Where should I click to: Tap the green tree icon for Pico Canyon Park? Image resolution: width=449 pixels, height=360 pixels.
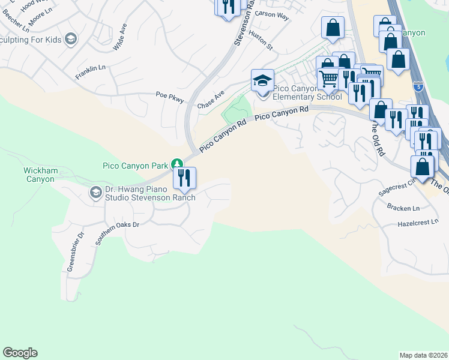[x=176, y=164]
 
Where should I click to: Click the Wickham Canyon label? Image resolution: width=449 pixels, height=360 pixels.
[x=41, y=175]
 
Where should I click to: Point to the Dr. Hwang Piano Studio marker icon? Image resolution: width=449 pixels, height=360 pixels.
[x=95, y=193]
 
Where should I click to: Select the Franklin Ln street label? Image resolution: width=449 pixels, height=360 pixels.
[x=90, y=73]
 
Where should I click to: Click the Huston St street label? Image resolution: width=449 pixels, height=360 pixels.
[x=261, y=41]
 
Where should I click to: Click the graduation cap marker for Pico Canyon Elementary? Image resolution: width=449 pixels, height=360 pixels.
[x=262, y=80]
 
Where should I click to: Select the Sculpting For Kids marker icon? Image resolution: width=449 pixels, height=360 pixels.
[x=71, y=40]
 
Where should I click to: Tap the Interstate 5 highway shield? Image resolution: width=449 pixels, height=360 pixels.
[x=420, y=87]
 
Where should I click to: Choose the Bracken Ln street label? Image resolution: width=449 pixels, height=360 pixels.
[x=403, y=208]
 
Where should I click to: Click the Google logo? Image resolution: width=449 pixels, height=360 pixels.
[x=20, y=353]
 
